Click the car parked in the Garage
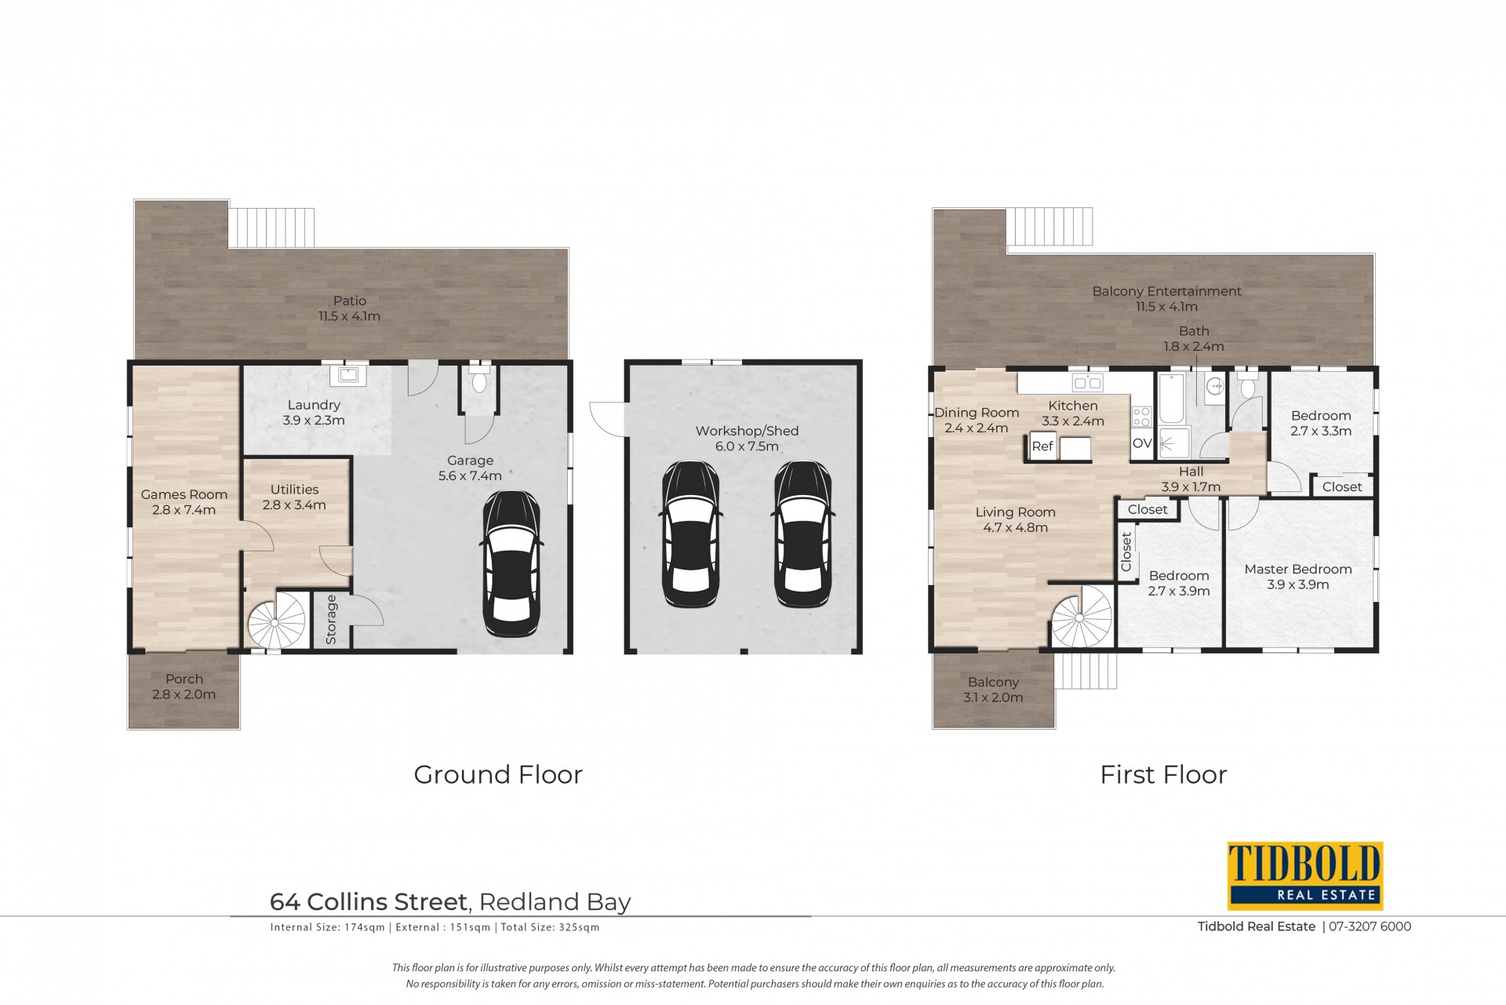[511, 563]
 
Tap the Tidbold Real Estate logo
[1304, 876]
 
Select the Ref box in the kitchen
[1042, 446]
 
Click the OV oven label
[1142, 443]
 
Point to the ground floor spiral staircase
[276, 621]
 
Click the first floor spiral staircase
[1081, 617]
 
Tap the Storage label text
[331, 620]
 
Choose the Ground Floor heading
[498, 774]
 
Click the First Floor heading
[1163, 774]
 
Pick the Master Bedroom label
[1298, 570]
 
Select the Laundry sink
[347, 375]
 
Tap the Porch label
[184, 679]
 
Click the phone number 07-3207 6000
[1370, 927]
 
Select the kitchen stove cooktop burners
[1141, 416]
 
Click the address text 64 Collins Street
[369, 902]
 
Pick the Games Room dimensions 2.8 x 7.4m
[184, 510]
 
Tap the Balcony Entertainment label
[1167, 292]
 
